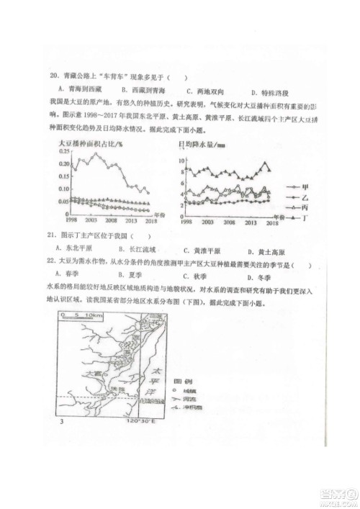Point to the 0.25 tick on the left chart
[x=63, y=152]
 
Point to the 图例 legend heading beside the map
[x=183, y=378]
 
